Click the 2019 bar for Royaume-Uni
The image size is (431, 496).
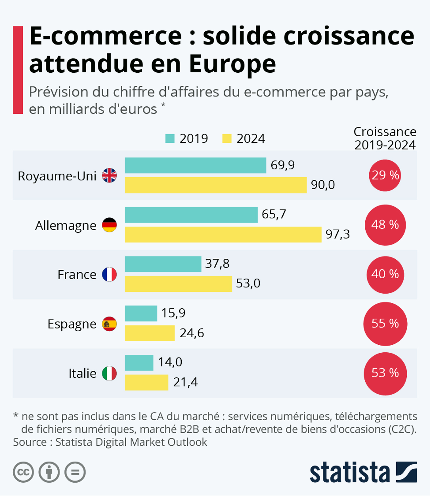pyautogui.click(x=195, y=165)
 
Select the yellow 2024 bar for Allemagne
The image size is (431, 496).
pyautogui.click(x=223, y=234)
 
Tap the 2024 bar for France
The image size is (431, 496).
pyautogui.click(x=178, y=283)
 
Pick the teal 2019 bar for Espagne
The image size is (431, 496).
pyautogui.click(x=141, y=313)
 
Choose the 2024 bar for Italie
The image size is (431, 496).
pyautogui.click(x=146, y=382)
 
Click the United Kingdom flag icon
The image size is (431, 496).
pyautogui.click(x=109, y=175)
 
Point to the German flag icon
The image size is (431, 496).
pyautogui.click(x=109, y=225)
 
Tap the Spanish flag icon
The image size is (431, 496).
pyautogui.click(x=109, y=324)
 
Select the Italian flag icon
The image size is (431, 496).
pyautogui.click(x=109, y=373)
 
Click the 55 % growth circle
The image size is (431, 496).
pyautogui.click(x=385, y=324)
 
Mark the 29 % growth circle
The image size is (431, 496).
pyautogui.click(x=385, y=175)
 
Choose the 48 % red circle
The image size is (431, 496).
pyautogui.click(x=385, y=225)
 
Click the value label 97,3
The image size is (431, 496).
pyautogui.click(x=337, y=235)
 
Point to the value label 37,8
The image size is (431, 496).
pyautogui.click(x=217, y=264)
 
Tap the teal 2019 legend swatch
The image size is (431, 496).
pyautogui.click(x=170, y=138)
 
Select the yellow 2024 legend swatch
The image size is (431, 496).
pyautogui.click(x=227, y=138)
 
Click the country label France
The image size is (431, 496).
pyautogui.click(x=77, y=275)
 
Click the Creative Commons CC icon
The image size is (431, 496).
pyautogui.click(x=23, y=473)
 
